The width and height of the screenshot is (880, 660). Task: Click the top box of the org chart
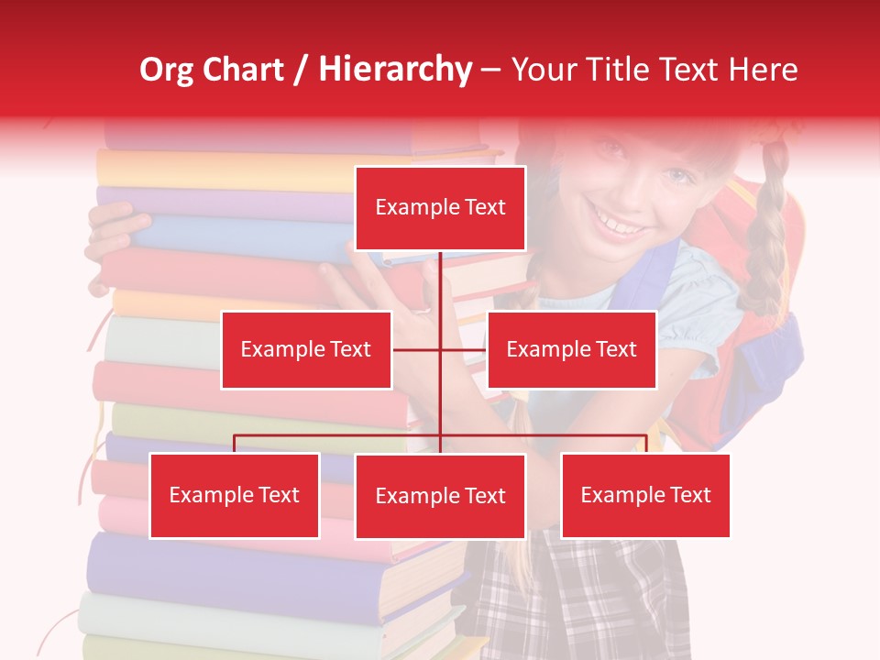(x=440, y=208)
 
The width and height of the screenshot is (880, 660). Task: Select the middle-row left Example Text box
(x=306, y=349)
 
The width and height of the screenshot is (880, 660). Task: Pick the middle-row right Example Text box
(x=571, y=349)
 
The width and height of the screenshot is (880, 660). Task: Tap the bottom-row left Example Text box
(x=235, y=495)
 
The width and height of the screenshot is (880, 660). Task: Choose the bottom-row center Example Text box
(x=440, y=496)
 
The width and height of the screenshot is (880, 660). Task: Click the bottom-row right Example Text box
(x=645, y=495)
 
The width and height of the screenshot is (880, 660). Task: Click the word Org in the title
(x=167, y=70)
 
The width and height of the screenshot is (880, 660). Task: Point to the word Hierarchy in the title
(x=395, y=70)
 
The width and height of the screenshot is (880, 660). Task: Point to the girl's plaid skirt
(x=587, y=596)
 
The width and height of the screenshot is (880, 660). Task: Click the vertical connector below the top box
(x=440, y=293)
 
